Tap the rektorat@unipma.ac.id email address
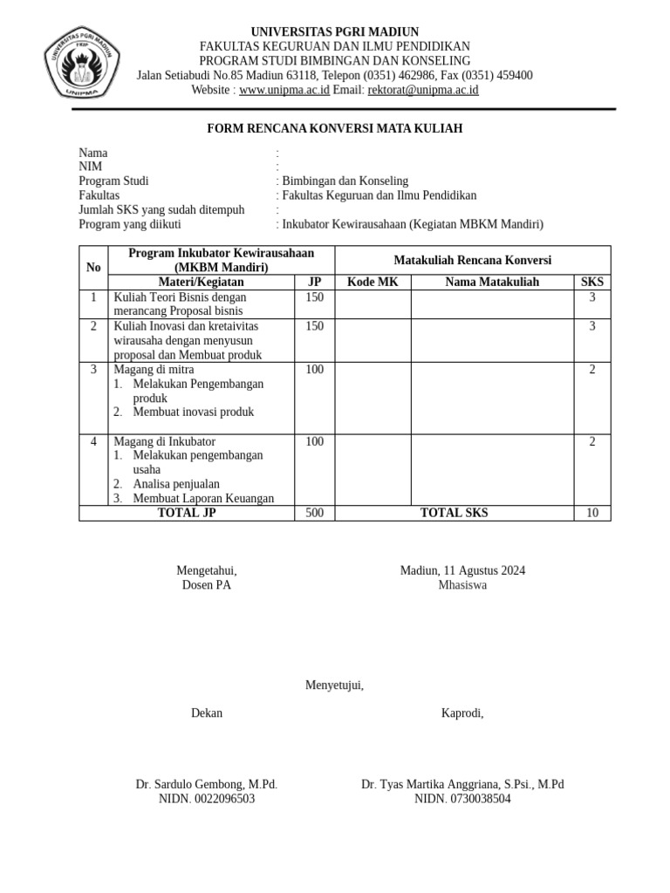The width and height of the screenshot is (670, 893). coord(423,90)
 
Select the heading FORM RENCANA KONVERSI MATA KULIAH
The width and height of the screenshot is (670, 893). coord(334,129)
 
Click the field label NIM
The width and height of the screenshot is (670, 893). coord(91,167)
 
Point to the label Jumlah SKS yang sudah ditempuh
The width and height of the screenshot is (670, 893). coord(161,210)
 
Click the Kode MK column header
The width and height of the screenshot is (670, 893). coord(373,282)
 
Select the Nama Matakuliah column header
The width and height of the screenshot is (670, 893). coord(492,282)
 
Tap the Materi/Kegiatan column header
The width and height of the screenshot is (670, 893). coord(201,282)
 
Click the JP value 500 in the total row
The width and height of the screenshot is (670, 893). coord(314,513)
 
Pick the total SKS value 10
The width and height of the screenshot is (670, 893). coord(591,513)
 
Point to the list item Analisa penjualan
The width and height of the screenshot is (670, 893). coord(176,484)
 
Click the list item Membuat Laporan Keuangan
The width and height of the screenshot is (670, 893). coord(203,499)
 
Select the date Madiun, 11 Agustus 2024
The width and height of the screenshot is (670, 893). coord(462,571)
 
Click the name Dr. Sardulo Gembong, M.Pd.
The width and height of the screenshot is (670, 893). coord(206,785)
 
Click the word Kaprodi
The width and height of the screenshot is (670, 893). coord(462,713)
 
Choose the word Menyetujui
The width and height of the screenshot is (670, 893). coord(334,685)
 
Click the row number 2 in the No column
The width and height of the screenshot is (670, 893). coord(93,326)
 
